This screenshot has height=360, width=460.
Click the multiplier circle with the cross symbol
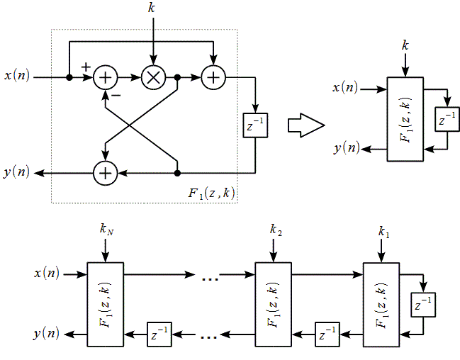click(x=152, y=77)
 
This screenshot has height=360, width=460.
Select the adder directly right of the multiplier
click(x=213, y=77)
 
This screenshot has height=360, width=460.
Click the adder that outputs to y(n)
click(x=106, y=172)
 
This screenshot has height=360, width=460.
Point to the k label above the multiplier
click(x=152, y=9)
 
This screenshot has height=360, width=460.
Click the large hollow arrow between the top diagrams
click(x=306, y=124)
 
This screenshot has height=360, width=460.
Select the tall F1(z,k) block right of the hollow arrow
click(x=405, y=118)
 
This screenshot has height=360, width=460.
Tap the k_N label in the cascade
click(x=105, y=230)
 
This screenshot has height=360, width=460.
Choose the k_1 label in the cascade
click(x=383, y=231)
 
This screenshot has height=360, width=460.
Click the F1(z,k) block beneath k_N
click(x=105, y=303)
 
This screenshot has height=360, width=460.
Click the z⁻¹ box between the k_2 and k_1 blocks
click(x=327, y=332)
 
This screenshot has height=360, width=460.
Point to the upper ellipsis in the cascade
click(x=210, y=278)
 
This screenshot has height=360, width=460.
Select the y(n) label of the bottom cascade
click(x=47, y=332)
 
